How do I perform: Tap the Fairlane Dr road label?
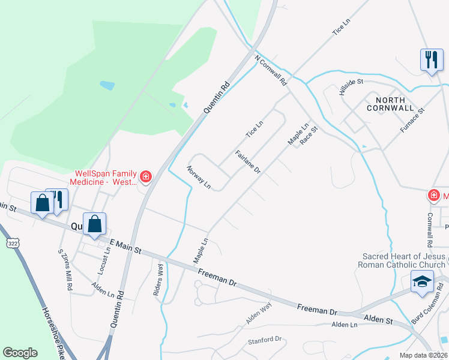[247, 162]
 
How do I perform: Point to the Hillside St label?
[351, 88]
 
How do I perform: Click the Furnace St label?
[413, 120]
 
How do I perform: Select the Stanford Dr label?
[265, 340]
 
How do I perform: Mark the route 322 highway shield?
[13, 243]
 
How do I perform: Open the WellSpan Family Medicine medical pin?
[145, 176]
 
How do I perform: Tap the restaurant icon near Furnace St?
[431, 59]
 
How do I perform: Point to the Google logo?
[20, 353]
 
